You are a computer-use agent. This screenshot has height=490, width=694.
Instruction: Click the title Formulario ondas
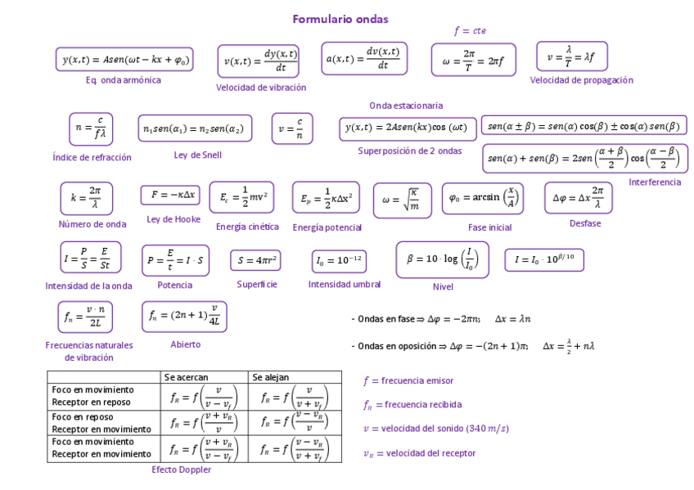point(340,19)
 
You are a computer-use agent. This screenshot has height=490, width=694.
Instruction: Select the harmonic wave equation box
point(124,60)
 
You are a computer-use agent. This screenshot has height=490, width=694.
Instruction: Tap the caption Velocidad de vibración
point(261,88)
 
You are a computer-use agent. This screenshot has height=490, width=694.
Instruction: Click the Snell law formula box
point(194,129)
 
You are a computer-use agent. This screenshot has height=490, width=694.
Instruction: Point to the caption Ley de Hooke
point(173,219)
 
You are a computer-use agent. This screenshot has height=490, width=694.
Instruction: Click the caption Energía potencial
point(327,227)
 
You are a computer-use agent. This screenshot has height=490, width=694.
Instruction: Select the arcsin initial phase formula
point(483,198)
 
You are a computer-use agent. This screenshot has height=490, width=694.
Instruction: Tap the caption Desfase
point(585,223)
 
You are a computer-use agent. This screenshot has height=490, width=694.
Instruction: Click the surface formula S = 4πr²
point(255,261)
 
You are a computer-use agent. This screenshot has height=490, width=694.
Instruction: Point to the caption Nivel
point(443,287)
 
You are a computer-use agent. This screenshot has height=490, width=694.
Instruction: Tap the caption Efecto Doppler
point(181,470)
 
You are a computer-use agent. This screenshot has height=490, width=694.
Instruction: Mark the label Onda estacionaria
point(406,106)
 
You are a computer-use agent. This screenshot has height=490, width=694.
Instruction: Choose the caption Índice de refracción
point(92,157)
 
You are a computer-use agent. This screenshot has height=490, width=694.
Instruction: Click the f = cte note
point(470,31)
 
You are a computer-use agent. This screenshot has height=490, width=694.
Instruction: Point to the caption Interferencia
point(655,182)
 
